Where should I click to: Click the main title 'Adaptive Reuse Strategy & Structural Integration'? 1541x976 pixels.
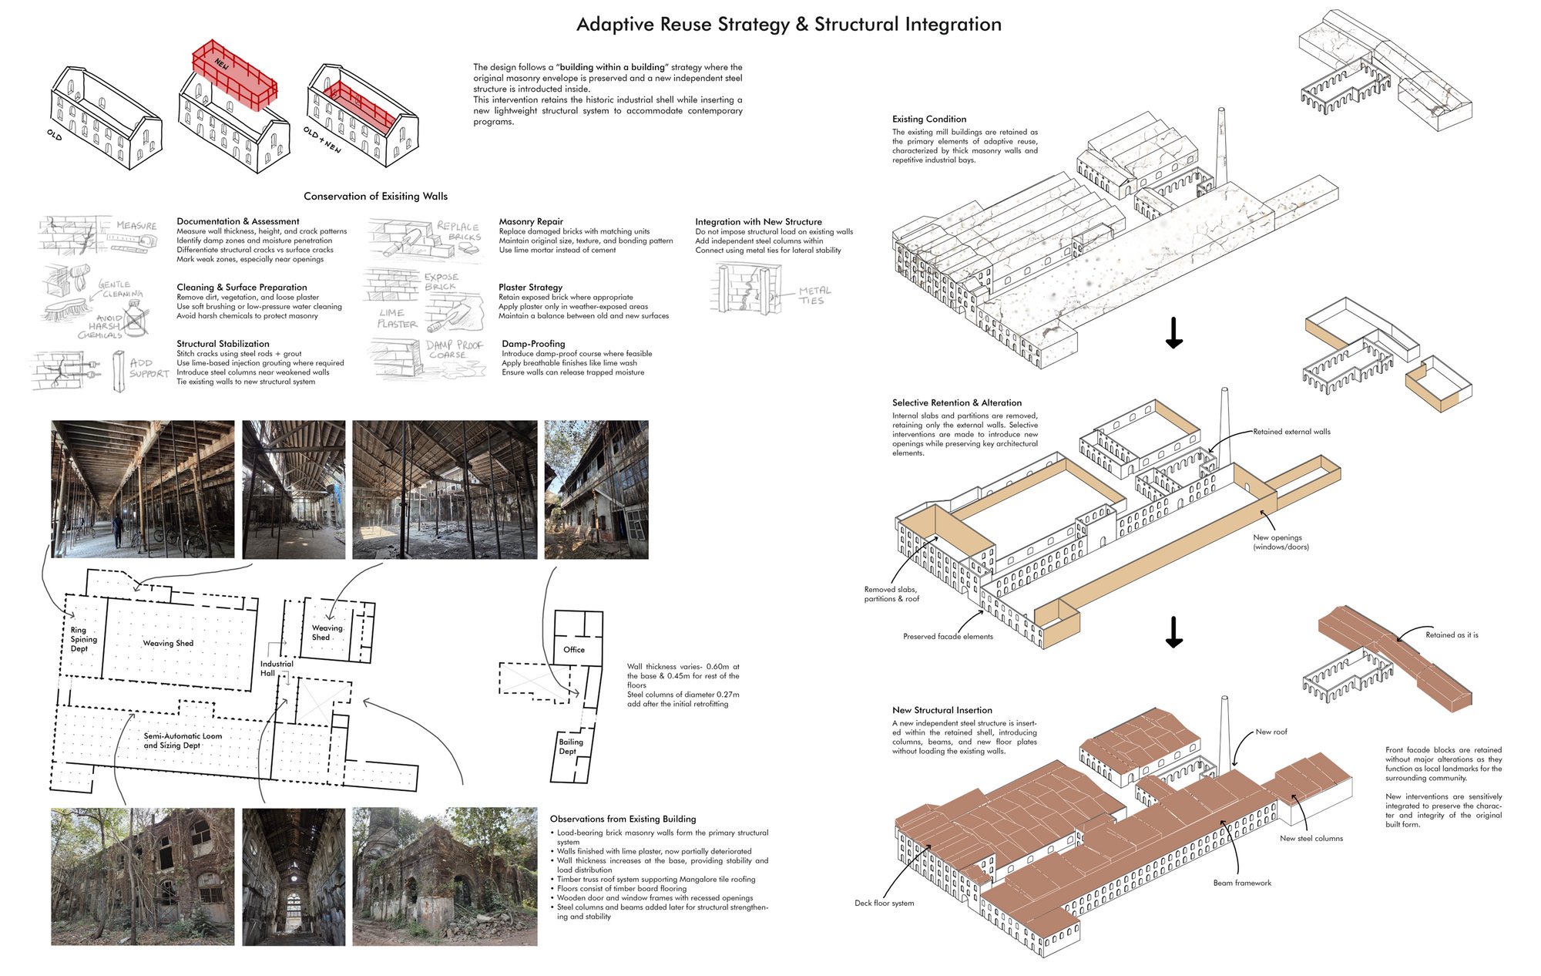pyautogui.click(x=789, y=25)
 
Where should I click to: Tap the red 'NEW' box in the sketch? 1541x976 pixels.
pyautogui.click(x=235, y=74)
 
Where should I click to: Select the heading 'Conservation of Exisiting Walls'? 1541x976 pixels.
pyautogui.click(x=375, y=197)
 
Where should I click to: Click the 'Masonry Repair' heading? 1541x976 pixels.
pyautogui.click(x=531, y=222)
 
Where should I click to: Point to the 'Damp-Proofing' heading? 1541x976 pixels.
pyautogui.click(x=533, y=344)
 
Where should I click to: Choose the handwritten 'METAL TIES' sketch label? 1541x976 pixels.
pyautogui.click(x=814, y=295)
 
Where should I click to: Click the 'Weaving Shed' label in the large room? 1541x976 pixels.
pyautogui.click(x=168, y=643)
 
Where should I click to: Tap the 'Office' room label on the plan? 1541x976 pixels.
pyautogui.click(x=574, y=650)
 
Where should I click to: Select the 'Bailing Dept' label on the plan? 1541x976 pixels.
pyautogui.click(x=571, y=746)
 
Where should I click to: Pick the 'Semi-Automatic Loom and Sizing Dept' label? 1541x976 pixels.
pyautogui.click(x=183, y=741)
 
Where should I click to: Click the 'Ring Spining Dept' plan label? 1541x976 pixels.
pyautogui.click(x=84, y=639)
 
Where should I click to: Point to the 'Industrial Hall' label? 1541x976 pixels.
pyautogui.click(x=277, y=668)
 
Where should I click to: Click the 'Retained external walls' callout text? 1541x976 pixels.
pyautogui.click(x=1291, y=432)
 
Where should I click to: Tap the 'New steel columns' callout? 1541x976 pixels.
pyautogui.click(x=1311, y=838)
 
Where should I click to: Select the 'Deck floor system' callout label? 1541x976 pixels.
pyautogui.click(x=885, y=903)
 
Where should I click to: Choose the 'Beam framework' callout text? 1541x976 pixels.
pyautogui.click(x=1242, y=883)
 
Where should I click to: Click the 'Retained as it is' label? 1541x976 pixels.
pyautogui.click(x=1452, y=635)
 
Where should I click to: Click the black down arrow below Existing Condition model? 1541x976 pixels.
pyautogui.click(x=1174, y=332)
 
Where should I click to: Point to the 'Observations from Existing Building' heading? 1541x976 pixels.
pyautogui.click(x=623, y=819)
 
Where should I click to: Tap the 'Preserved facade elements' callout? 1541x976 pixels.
pyautogui.click(x=948, y=637)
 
